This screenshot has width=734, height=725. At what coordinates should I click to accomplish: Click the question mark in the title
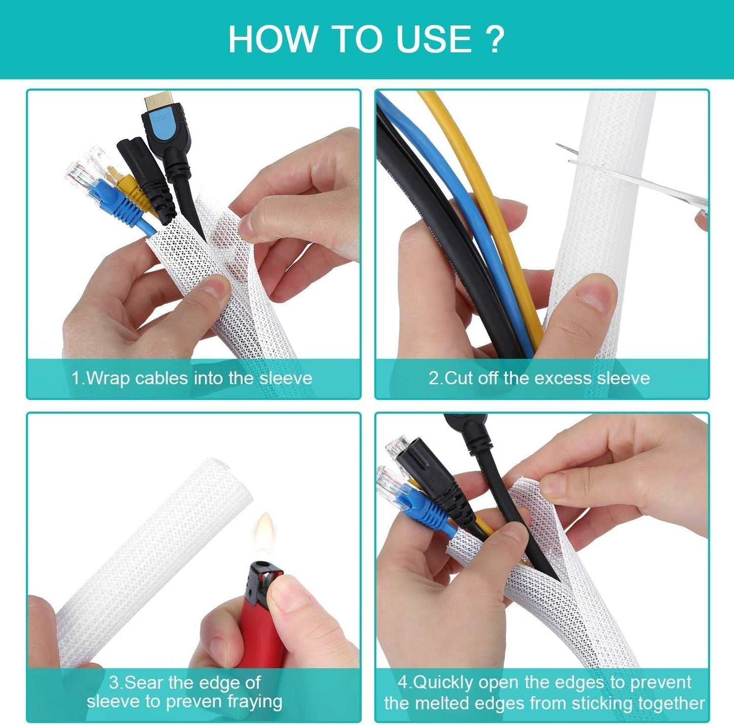click(x=494, y=39)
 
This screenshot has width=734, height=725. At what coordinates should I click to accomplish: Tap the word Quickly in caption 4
click(x=442, y=682)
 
